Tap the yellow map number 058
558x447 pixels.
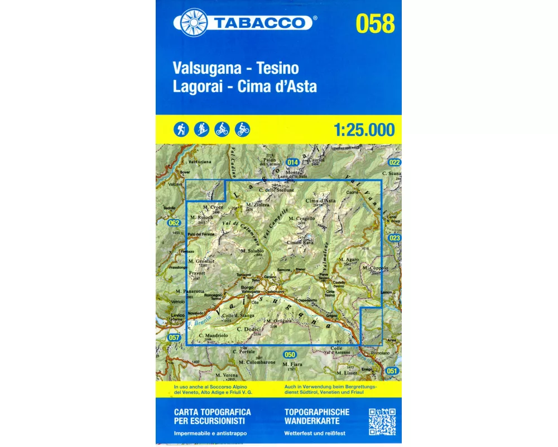[374, 24]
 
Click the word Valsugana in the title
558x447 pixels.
[208, 69]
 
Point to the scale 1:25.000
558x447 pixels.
[363, 130]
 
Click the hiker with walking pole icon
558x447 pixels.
[181, 129]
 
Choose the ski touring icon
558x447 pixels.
[201, 129]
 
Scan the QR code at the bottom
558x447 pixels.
[382, 422]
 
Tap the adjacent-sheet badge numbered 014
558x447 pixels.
[292, 162]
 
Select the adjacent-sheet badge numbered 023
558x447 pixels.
[395, 238]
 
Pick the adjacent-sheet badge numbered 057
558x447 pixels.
[174, 337]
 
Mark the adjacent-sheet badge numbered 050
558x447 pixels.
[289, 354]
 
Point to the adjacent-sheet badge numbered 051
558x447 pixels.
[393, 371]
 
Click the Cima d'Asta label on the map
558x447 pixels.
[320, 201]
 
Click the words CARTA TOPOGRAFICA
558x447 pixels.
[212, 412]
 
